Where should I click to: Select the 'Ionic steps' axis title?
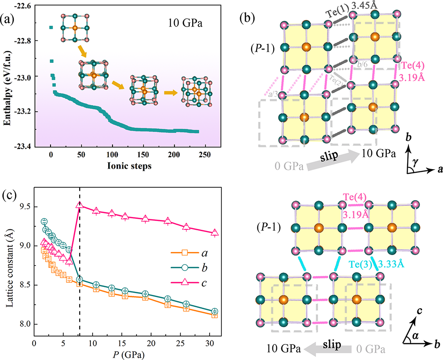click(x=120, y=167)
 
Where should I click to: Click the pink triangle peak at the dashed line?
click(x=79, y=205)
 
